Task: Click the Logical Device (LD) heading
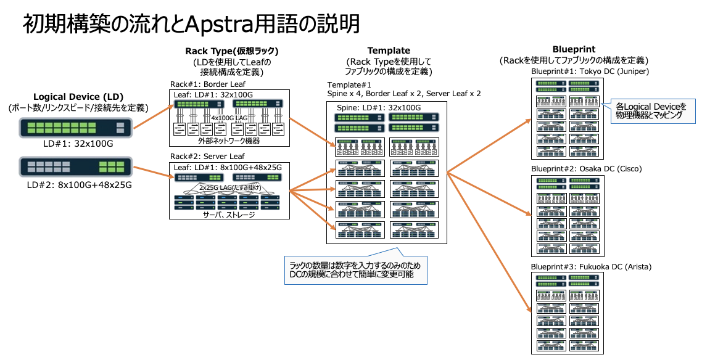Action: (78, 97)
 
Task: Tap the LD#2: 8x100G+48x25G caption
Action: (78, 184)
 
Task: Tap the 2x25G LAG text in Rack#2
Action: (230, 187)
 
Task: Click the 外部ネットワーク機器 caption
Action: (230, 141)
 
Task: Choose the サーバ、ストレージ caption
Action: (230, 215)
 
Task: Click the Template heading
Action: (389, 51)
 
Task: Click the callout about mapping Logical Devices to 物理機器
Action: (651, 110)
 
